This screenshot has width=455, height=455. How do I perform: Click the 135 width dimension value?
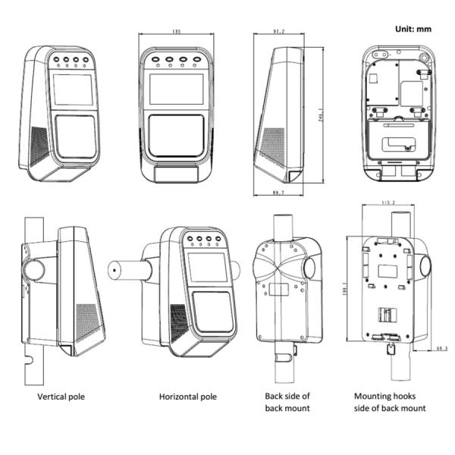point(177,32)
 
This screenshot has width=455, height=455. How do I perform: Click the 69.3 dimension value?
point(441,349)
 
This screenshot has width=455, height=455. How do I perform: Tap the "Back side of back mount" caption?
point(287,402)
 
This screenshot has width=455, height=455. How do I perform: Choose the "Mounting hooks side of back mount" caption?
point(390,402)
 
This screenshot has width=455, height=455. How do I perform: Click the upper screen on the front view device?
point(176,89)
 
